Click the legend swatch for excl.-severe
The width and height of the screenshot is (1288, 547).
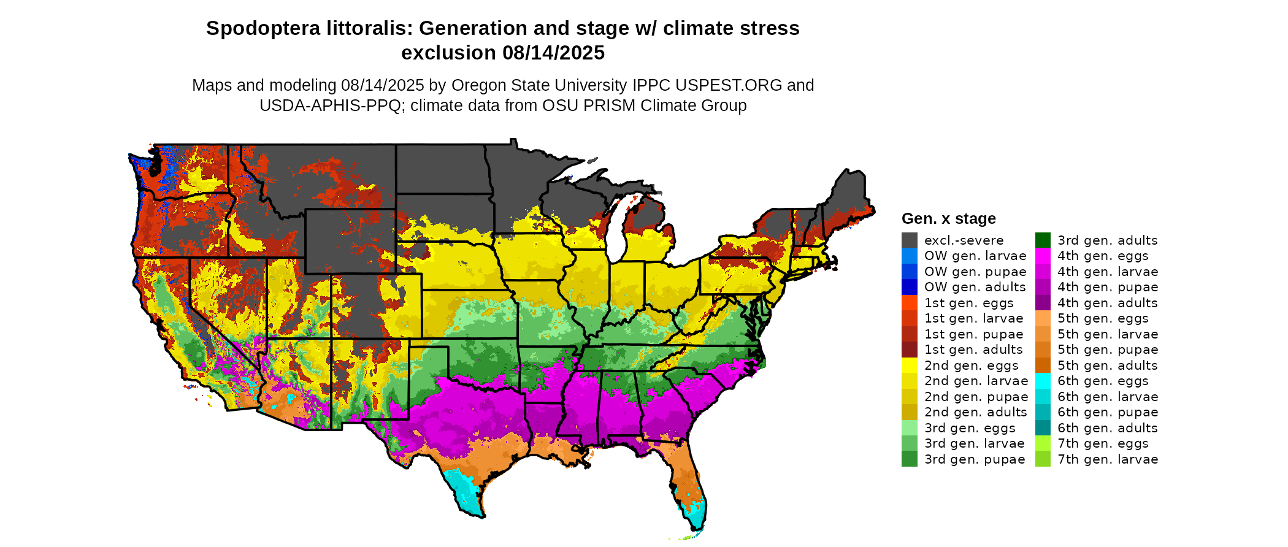pos(909,240)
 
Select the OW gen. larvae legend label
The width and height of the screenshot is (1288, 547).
pos(975,256)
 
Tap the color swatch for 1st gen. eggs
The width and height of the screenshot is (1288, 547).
pos(909,303)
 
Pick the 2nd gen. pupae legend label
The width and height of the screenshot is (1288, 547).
pos(976,397)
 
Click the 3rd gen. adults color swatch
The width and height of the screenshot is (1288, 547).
pos(1043,240)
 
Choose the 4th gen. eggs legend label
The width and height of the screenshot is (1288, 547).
pos(1103,256)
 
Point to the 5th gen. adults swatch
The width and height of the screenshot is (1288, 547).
pos(1043,365)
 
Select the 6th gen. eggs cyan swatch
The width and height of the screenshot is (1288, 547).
pos(1043,381)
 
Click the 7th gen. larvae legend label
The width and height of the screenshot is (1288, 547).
pos(1108,459)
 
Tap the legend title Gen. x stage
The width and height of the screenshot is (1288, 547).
pos(948,219)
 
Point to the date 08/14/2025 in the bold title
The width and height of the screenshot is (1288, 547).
pos(553,53)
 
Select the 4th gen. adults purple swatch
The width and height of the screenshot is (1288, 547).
pos(1043,303)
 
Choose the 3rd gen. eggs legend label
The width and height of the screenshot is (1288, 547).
pos(970,428)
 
